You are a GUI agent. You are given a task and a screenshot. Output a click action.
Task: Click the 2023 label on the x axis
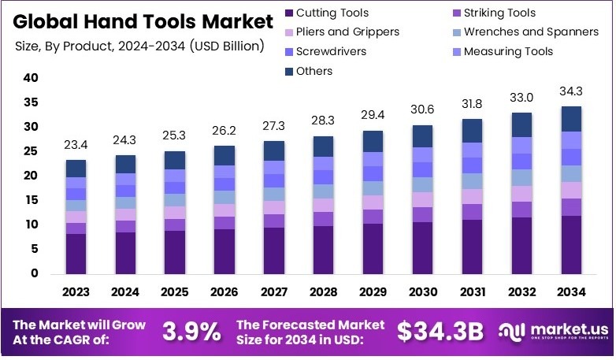tap(76, 292)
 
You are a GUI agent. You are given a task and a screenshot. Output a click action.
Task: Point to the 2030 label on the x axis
tap(422, 292)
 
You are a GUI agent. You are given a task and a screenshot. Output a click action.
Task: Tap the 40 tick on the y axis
tap(32, 78)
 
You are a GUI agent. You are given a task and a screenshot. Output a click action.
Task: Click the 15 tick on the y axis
tap(32, 200)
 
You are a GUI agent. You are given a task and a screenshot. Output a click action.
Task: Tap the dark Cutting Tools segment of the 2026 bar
tap(224, 251)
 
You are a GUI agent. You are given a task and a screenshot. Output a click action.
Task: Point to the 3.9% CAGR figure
tap(191, 332)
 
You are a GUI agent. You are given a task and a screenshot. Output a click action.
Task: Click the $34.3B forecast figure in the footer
tap(440, 332)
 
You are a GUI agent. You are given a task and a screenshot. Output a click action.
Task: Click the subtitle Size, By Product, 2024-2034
tap(139, 46)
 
